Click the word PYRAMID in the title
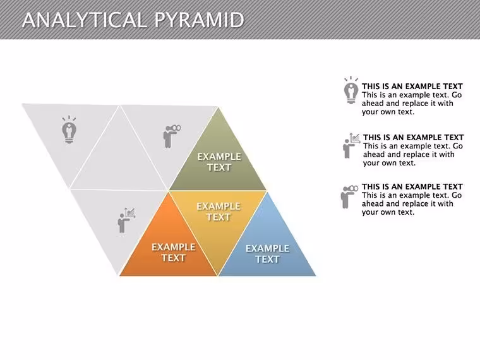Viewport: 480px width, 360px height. coord(199,20)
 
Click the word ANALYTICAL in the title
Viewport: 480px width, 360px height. coord(85,20)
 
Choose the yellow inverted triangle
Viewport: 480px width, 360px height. coord(218,220)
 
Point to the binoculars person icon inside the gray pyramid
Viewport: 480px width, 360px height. coord(172,136)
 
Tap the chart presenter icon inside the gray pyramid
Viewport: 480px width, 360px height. coord(126,220)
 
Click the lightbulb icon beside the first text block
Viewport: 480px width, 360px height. coord(351,90)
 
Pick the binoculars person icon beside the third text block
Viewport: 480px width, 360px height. coord(349,197)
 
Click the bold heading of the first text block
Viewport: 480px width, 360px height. coord(412,87)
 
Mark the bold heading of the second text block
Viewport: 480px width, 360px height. coord(413,138)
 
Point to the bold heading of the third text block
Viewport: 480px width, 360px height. coord(412,187)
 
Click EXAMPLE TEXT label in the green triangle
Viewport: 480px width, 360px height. coord(219,162)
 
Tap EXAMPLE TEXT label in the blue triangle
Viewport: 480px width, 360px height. coord(267,254)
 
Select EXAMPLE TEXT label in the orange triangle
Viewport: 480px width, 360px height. coord(174,252)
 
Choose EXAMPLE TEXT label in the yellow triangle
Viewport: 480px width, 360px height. coord(219,212)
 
